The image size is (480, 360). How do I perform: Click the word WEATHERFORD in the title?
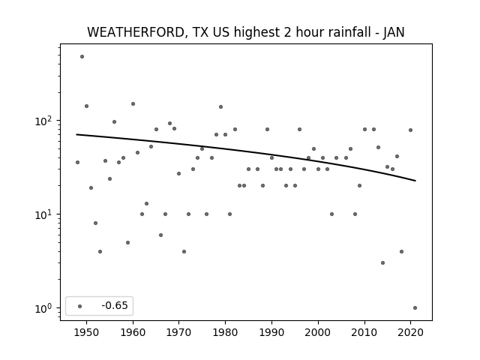point(136,32)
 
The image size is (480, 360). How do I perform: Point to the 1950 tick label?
point(86,332)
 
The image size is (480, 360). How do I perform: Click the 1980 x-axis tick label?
point(225,332)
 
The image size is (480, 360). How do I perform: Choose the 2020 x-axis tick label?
point(410,332)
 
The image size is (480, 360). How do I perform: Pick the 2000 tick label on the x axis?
point(318,332)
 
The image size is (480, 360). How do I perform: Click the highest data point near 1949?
point(82,57)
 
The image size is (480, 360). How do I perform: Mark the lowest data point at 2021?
point(415,308)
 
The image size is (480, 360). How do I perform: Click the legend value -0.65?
point(115,305)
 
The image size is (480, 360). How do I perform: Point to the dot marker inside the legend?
point(80,306)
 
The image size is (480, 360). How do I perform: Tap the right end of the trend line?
point(415,181)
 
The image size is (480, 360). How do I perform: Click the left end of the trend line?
point(76,134)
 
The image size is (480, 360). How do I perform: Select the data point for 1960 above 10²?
point(133,104)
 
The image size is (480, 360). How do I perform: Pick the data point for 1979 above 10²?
point(220,106)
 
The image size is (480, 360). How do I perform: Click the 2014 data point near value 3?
point(382,263)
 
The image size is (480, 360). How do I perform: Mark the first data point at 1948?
point(77,162)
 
